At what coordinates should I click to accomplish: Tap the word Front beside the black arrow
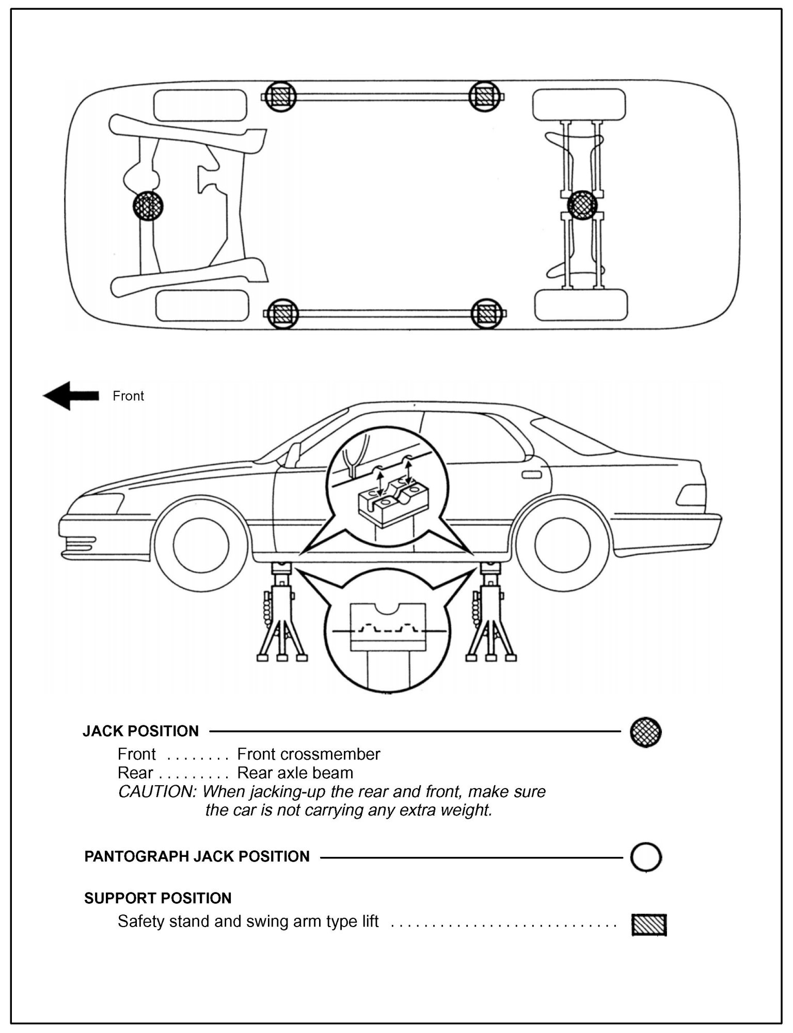coord(128,396)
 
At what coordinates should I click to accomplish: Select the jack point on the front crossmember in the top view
coord(148,206)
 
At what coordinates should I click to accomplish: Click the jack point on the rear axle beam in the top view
coord(582,205)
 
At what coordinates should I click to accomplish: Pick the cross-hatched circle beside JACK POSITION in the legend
coord(645,731)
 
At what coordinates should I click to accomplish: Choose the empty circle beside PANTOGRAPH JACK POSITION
coord(645,857)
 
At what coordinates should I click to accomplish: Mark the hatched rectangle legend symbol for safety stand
coord(649,925)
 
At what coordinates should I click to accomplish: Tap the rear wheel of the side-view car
coord(562,545)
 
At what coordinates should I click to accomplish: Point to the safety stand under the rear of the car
coord(490,615)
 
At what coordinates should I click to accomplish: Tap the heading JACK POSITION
coord(140,731)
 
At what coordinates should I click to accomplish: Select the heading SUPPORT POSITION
coord(157,898)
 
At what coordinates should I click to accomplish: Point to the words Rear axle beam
coord(295,773)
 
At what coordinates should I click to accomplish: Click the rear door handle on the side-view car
coord(532,474)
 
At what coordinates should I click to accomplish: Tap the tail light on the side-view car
coord(692,495)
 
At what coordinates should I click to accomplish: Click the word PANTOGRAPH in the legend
coord(137,856)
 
